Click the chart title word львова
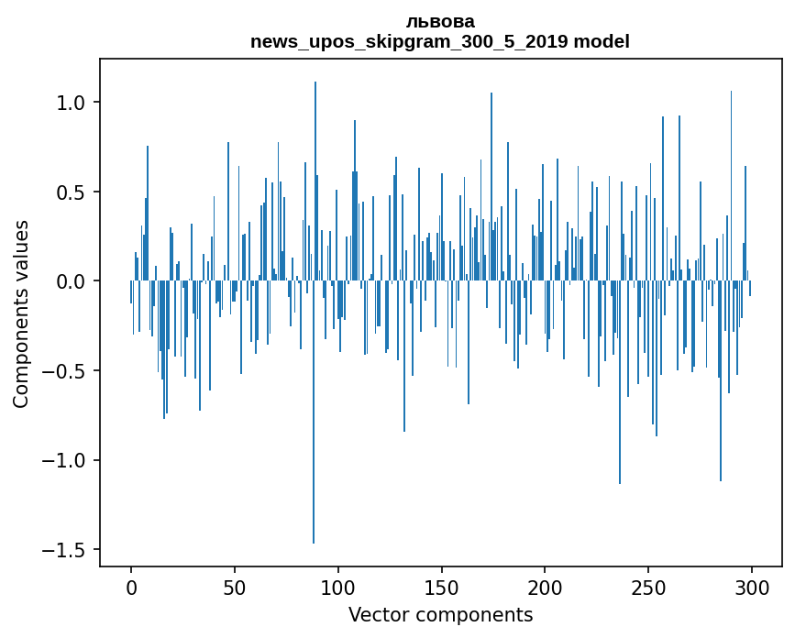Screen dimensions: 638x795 [x=440, y=22]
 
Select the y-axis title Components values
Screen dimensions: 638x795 [x=21, y=313]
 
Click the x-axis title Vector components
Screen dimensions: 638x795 [x=440, y=615]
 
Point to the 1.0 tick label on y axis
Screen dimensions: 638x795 [x=70, y=103]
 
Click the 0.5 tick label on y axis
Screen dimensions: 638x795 [x=70, y=192]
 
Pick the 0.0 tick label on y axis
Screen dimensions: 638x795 [x=70, y=281]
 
